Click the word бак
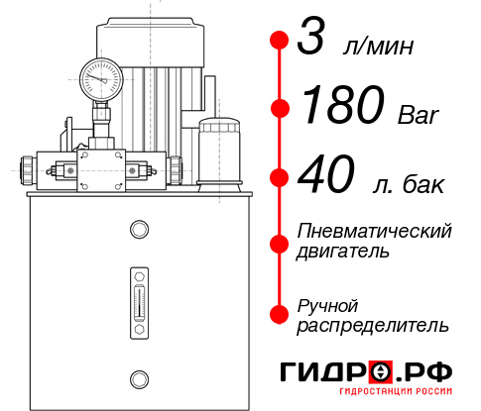(x=423, y=185)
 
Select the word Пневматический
(x=374, y=231)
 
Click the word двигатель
(x=342, y=252)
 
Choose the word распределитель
(x=372, y=325)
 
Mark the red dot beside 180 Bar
(x=279, y=107)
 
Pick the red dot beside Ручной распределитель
(x=279, y=313)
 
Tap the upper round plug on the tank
(x=138, y=231)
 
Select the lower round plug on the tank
(x=138, y=377)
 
